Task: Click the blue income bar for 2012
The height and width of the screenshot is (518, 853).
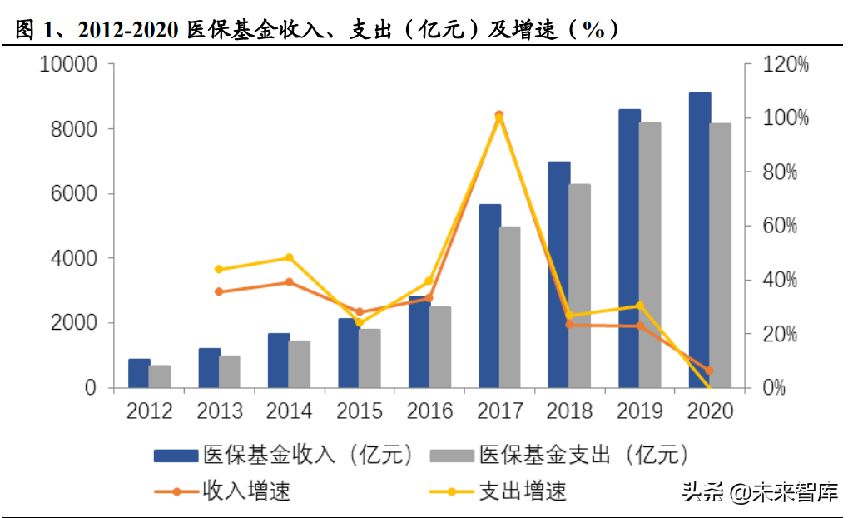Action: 139,374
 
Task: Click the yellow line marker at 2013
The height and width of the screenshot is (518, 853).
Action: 219,269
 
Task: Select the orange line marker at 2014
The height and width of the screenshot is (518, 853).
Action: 290,282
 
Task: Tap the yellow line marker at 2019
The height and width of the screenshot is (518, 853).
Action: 640,306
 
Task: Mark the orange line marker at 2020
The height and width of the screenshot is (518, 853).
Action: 710,371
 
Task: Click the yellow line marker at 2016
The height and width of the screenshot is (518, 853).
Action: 429,281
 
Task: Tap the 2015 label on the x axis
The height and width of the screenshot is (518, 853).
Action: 360,411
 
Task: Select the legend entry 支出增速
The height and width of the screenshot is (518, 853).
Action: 498,491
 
